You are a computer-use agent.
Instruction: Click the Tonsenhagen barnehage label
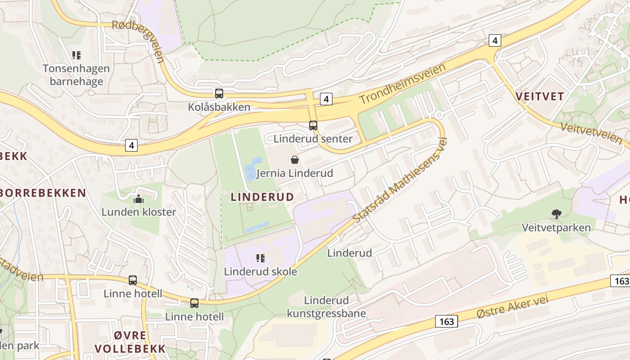(x=76, y=75)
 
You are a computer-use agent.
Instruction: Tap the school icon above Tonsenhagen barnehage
(x=76, y=55)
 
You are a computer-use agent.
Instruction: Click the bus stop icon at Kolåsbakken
(x=219, y=94)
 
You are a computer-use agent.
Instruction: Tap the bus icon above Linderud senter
(x=313, y=126)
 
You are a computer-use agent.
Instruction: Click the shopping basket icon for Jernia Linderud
(x=295, y=159)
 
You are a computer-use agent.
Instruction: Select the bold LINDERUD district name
(x=262, y=197)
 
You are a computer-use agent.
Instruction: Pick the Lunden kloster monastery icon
(x=139, y=198)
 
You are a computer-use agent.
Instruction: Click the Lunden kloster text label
(x=139, y=212)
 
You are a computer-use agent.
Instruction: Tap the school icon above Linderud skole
(x=260, y=258)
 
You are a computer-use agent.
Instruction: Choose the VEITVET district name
(x=540, y=96)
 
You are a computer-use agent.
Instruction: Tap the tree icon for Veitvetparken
(x=557, y=214)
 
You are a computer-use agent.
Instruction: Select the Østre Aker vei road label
(x=513, y=309)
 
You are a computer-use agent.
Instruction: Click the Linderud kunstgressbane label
(x=326, y=307)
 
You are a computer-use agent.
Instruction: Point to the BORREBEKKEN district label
(x=42, y=193)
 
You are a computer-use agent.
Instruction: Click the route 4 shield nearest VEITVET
(x=495, y=40)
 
